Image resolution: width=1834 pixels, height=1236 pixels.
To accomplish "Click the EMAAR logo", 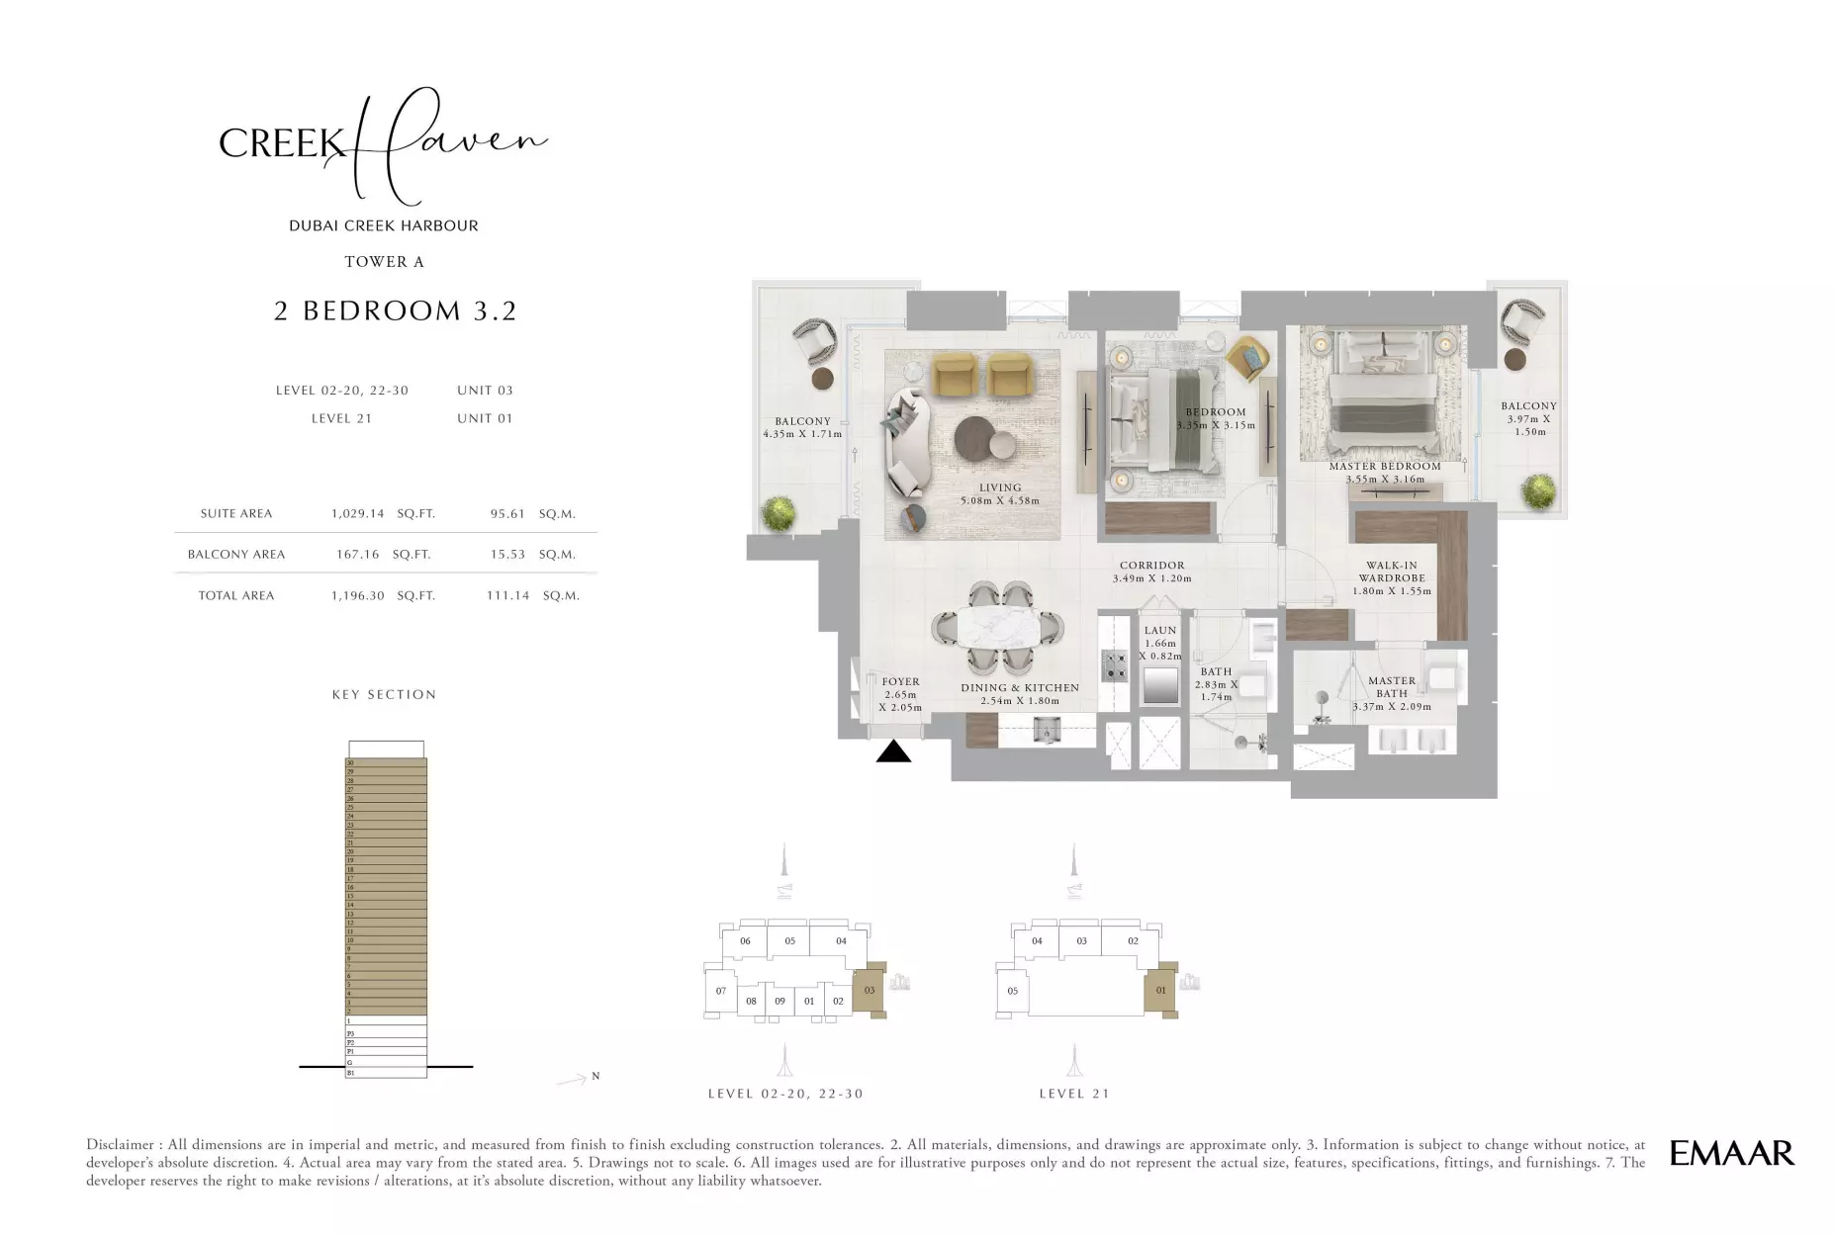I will click(1731, 1153).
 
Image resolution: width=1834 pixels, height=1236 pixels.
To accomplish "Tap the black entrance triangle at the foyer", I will click(893, 752).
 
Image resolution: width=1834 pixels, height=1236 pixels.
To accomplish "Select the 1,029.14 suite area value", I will click(357, 514).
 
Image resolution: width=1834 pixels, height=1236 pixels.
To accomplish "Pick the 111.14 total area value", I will click(507, 596).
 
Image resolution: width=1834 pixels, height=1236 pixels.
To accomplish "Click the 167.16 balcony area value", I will click(357, 555).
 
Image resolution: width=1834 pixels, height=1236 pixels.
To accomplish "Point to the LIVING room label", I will click(1000, 487).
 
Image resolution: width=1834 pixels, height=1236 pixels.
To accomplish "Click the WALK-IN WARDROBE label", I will click(1391, 573).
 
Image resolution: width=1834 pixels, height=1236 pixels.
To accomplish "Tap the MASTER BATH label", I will click(1391, 687).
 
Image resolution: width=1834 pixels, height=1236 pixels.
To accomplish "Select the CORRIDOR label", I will click(1151, 567).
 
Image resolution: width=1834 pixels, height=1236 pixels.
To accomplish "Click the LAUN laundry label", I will click(1159, 631).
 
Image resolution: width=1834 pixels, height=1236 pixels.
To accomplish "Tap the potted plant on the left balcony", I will click(779, 513).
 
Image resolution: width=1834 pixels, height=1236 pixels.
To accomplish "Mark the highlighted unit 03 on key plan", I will click(870, 990).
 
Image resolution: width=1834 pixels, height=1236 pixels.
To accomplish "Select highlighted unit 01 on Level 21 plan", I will click(1160, 990).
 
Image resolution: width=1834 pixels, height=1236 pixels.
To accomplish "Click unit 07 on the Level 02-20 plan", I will click(720, 991).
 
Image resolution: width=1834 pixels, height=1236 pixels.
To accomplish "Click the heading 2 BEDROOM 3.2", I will click(395, 311).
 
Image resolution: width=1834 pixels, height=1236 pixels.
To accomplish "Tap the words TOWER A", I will click(384, 262).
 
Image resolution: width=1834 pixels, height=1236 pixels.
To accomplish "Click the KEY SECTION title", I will click(384, 695).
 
